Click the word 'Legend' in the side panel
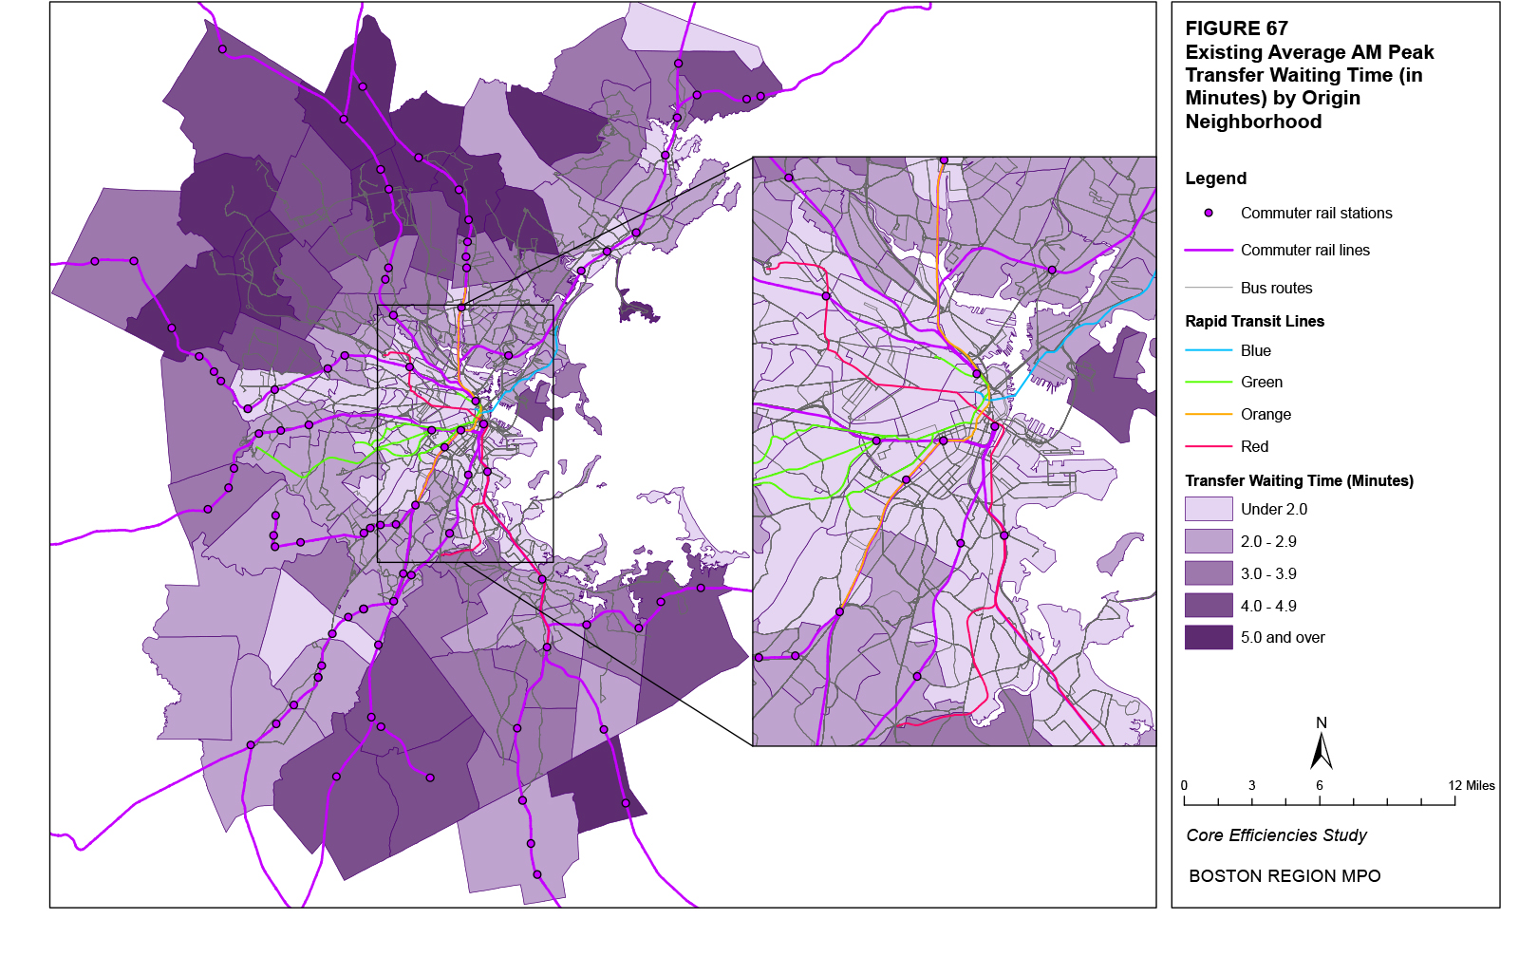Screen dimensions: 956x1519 tap(1215, 178)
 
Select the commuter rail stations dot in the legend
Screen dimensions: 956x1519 tap(1209, 214)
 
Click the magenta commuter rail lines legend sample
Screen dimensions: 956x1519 tap(1209, 251)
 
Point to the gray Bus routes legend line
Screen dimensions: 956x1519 tap(1209, 288)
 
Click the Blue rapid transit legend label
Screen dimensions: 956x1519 tap(1255, 351)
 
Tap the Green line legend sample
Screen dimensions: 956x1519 tap(1209, 383)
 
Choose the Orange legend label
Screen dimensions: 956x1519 tap(1266, 415)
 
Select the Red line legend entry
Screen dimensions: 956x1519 tap(1254, 447)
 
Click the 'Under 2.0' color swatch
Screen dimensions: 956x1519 tap(1209, 510)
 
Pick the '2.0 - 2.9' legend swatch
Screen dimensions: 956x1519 tap(1209, 542)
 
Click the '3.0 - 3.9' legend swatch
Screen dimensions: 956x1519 tap(1209, 573)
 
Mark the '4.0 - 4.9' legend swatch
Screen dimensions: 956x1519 tap(1209, 606)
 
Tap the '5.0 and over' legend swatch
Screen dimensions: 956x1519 tap(1209, 638)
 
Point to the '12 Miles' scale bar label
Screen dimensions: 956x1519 tap(1471, 785)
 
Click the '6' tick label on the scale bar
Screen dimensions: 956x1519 tap(1319, 785)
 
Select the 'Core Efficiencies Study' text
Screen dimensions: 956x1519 tap(1276, 835)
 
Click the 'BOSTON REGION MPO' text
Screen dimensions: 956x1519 tap(1285, 876)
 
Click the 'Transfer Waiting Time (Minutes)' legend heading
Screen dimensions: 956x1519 tap(1299, 481)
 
